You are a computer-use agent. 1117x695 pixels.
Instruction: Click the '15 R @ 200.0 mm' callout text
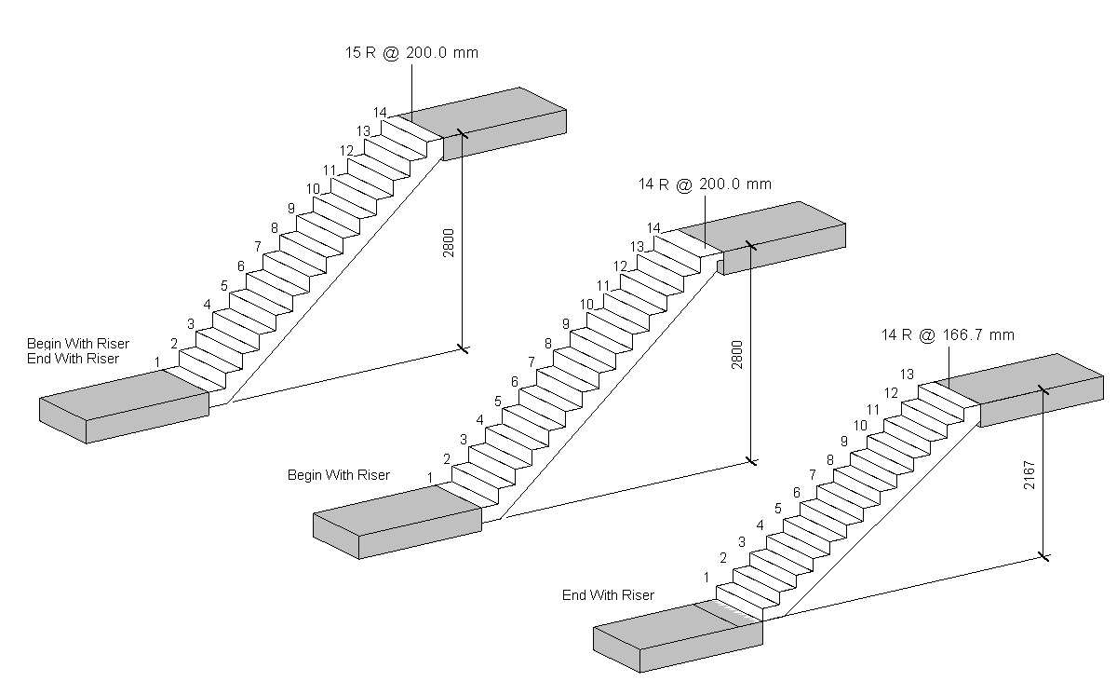[411, 53]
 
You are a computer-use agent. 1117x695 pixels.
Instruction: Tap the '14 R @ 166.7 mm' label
[948, 334]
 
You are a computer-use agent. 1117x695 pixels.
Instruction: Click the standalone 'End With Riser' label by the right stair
[608, 595]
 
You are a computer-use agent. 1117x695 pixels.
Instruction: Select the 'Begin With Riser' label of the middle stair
[338, 475]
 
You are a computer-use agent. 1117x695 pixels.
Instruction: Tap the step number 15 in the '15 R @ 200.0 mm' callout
[353, 53]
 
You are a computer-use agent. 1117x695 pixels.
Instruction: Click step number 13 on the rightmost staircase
[906, 375]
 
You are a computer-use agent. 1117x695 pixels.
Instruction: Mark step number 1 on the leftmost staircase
[157, 361]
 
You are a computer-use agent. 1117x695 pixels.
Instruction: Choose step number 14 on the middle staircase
[653, 228]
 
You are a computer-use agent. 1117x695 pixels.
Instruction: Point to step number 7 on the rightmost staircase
[813, 475]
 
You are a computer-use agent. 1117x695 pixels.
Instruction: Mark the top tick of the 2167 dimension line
[1043, 389]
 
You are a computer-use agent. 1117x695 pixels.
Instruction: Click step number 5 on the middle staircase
[497, 402]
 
